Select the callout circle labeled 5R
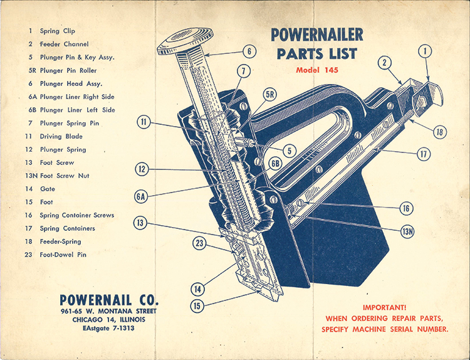270,95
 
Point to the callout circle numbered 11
145,122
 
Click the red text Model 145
317,70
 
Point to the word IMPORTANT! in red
385,308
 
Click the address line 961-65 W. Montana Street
110,311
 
